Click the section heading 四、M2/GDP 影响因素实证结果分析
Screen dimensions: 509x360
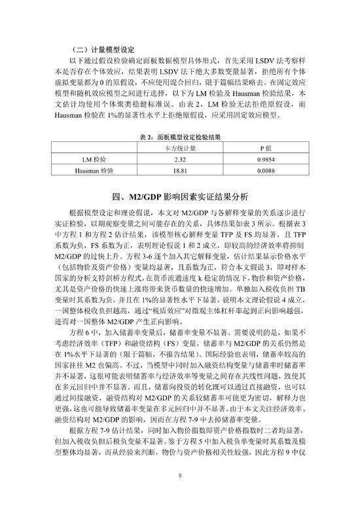[x=179, y=196]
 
